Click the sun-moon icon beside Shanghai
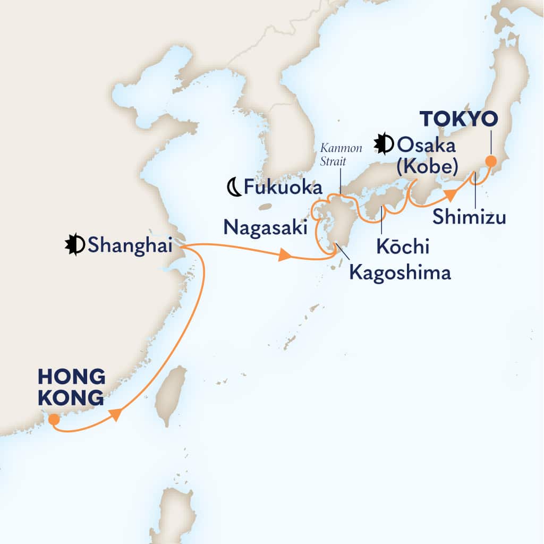click(x=75, y=244)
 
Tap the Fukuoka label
click(x=283, y=188)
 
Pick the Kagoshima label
click(x=399, y=273)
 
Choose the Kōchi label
click(x=403, y=247)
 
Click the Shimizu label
click(x=469, y=216)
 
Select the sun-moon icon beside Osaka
click(x=384, y=143)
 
